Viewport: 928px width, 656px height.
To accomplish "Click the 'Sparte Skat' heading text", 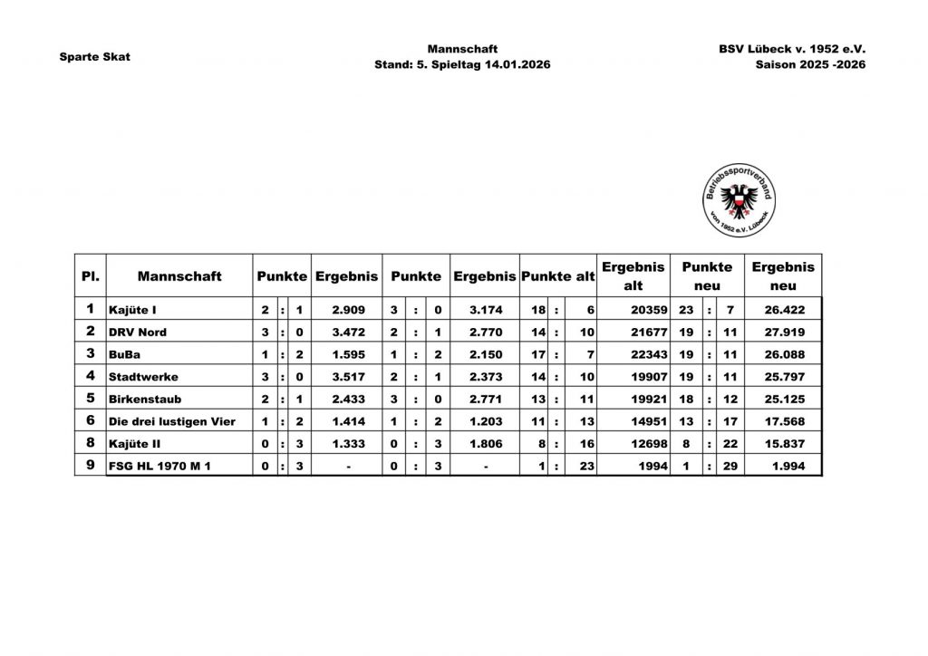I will pyautogui.click(x=94, y=56).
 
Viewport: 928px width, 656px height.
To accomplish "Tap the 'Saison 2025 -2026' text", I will pyautogui.click(x=810, y=65).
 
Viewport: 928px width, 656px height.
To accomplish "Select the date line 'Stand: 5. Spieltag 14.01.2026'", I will pyautogui.click(x=462, y=65).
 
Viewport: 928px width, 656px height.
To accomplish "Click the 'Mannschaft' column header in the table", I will pyautogui.click(x=179, y=275).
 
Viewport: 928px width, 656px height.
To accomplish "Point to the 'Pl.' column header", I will pyautogui.click(x=90, y=275).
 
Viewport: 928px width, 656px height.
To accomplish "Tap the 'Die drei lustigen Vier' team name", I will pyautogui.click(x=171, y=421).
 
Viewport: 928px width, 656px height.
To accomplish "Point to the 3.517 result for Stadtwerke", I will pyautogui.click(x=348, y=376).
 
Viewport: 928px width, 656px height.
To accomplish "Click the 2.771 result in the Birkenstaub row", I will pyautogui.click(x=486, y=399).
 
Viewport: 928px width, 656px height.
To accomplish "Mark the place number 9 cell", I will pyautogui.click(x=90, y=466).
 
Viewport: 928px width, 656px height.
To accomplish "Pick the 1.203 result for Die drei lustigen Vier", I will pyautogui.click(x=486, y=421).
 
